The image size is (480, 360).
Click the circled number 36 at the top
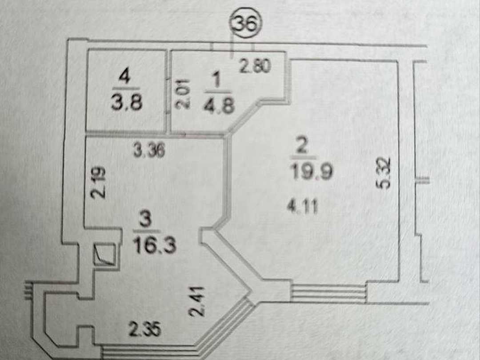[x=247, y=24]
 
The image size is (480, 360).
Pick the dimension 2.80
[x=255, y=66]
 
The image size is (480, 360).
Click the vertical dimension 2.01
[x=183, y=94]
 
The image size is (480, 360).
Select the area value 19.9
[x=311, y=172]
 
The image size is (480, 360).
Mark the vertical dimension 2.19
[x=98, y=183]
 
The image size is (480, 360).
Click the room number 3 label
[x=145, y=220]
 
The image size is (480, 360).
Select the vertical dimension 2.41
[x=196, y=301]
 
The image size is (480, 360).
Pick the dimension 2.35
[x=144, y=329]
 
